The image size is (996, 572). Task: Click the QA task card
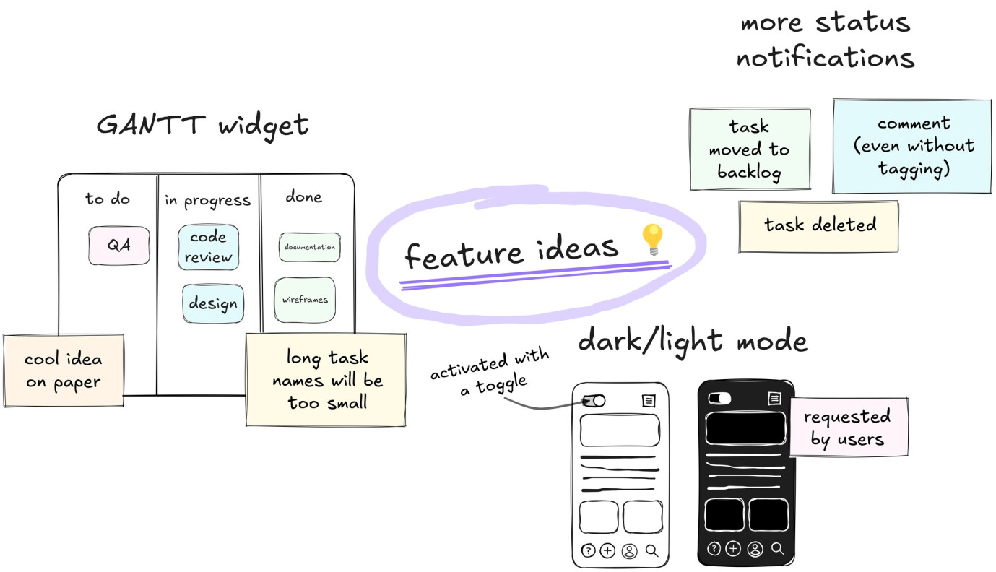[119, 246]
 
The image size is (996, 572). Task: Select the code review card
[209, 247]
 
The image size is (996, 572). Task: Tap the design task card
[213, 303]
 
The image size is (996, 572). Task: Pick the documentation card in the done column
[309, 247]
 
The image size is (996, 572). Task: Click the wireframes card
[305, 300]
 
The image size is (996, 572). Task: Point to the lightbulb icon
[652, 239]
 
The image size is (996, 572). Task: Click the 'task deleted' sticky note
[819, 226]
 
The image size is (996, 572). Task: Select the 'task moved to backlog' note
[750, 149]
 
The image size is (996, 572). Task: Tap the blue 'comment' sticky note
[913, 147]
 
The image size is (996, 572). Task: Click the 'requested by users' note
[848, 427]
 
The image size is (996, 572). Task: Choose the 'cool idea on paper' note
[64, 370]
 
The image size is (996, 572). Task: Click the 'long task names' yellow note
[326, 380]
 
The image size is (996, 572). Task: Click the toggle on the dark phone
[719, 398]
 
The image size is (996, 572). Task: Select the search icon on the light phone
[652, 551]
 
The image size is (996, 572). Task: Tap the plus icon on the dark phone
[733, 549]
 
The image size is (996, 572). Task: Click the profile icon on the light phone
[629, 551]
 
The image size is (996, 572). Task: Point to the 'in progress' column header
[207, 201]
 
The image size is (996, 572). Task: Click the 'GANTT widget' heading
[202, 125]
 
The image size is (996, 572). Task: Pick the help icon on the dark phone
[714, 549]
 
